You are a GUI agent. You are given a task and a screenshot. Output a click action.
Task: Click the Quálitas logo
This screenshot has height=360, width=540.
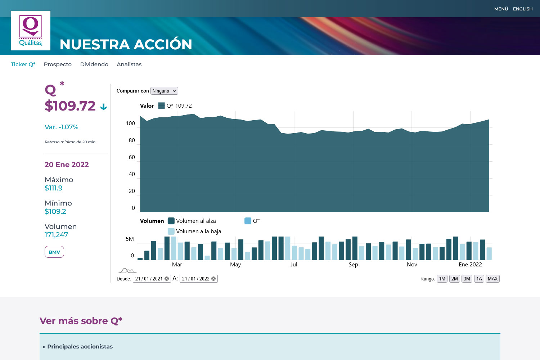click(x=31, y=31)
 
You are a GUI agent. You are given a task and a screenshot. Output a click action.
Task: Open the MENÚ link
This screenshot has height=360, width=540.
click(x=501, y=9)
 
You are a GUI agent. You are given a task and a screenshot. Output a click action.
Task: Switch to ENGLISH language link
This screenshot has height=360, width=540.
click(x=523, y=9)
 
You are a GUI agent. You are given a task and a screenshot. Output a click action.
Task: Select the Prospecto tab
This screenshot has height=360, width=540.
click(x=58, y=64)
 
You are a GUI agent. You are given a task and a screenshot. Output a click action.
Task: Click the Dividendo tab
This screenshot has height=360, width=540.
click(x=94, y=64)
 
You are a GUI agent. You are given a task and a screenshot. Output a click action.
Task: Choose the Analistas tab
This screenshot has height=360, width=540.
click(x=129, y=64)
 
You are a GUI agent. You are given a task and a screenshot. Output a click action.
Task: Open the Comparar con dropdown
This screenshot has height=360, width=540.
click(x=164, y=91)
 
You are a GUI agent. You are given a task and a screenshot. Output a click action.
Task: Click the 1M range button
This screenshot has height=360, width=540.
click(x=442, y=279)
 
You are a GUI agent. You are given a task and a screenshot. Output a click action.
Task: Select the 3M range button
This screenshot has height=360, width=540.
click(x=467, y=279)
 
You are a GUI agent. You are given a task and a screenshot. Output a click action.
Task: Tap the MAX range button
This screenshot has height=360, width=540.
click(x=492, y=279)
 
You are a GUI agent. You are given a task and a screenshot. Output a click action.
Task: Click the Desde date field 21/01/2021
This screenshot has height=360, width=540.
click(x=149, y=279)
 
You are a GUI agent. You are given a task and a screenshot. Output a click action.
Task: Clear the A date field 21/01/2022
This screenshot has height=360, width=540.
click(x=213, y=279)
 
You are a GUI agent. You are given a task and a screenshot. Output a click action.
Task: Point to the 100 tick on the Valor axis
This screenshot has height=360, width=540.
click(x=130, y=123)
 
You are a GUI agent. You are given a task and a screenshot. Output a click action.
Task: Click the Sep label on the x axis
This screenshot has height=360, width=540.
click(x=353, y=265)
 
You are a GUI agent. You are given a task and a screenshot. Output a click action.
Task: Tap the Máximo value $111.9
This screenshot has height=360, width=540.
click(x=54, y=188)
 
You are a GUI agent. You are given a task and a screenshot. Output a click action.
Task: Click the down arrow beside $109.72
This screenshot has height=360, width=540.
click(x=104, y=107)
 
